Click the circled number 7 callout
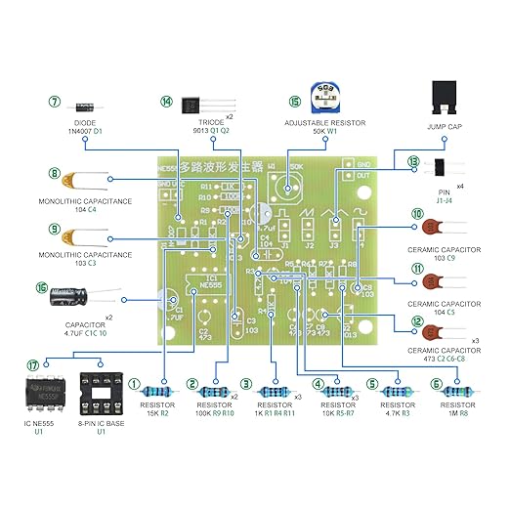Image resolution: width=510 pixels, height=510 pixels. (x=55, y=101)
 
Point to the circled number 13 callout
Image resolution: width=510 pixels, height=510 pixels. (x=414, y=162)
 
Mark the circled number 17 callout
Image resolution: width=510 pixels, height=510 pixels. (x=34, y=364)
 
